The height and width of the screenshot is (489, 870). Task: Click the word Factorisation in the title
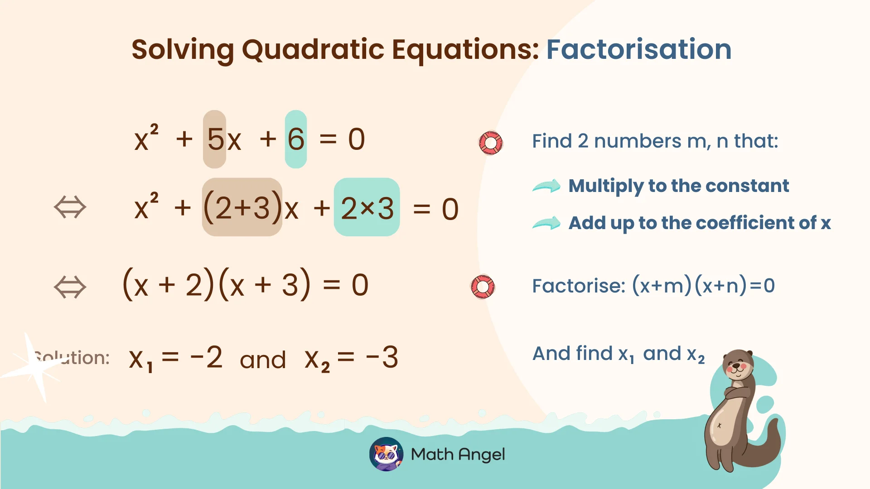[x=638, y=49]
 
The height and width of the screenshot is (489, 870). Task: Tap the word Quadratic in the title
[x=313, y=49]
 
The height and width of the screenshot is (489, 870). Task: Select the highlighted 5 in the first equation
[x=215, y=139]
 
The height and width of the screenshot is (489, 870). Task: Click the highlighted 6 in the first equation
[x=296, y=139]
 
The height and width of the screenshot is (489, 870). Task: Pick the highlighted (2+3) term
[x=242, y=207]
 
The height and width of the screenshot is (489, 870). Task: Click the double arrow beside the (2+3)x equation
[x=70, y=207]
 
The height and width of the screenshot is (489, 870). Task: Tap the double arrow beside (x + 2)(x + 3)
[x=70, y=287]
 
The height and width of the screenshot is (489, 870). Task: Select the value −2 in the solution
[x=207, y=357]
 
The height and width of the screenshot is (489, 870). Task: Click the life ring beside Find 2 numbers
[x=491, y=143]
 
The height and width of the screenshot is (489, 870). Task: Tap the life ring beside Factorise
[x=483, y=287]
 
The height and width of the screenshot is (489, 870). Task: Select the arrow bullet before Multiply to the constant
[x=546, y=186]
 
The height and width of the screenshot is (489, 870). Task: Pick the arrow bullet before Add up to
[x=546, y=223]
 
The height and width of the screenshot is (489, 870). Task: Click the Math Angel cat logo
[x=386, y=454]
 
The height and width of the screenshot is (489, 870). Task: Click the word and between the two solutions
[x=263, y=360]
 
